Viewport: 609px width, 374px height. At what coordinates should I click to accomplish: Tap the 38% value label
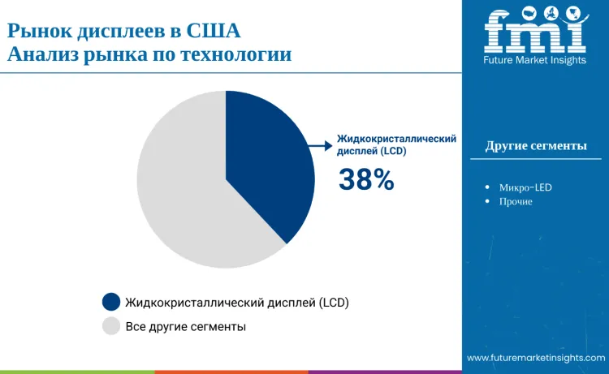(366, 181)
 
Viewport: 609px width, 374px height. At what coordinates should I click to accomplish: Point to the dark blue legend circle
(111, 303)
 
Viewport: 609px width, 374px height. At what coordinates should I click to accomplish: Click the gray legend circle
(111, 326)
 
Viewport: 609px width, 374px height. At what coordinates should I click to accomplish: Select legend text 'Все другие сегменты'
(186, 326)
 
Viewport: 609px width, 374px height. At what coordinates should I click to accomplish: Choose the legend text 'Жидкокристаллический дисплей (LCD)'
(237, 303)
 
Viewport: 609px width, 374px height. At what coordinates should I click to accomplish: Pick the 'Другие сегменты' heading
(536, 146)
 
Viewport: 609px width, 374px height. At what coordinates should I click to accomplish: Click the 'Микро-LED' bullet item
(525, 187)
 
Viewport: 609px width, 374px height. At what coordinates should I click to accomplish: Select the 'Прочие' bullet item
(516, 201)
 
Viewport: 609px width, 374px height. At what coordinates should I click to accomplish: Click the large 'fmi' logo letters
(535, 32)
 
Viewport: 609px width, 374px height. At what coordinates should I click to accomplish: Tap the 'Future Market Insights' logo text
(535, 60)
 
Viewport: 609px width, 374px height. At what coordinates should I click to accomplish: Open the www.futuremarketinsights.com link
(536, 358)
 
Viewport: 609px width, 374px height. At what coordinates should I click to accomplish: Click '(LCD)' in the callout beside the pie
(390, 152)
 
